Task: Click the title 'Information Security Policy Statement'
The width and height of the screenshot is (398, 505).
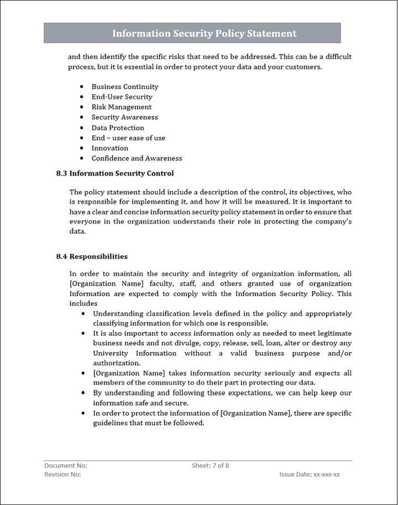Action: (x=204, y=34)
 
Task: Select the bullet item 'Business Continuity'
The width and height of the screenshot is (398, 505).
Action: (x=125, y=87)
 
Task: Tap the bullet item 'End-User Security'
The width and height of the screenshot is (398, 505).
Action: (x=122, y=97)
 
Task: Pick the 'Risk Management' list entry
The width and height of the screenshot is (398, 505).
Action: (x=122, y=107)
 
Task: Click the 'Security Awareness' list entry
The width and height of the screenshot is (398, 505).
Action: (x=124, y=117)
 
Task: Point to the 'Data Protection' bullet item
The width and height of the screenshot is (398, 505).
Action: (x=118, y=128)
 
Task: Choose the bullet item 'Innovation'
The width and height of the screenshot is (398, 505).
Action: (x=110, y=148)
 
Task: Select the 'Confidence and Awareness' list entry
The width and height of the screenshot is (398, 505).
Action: (x=137, y=158)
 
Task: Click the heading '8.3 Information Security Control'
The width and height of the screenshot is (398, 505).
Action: (x=115, y=173)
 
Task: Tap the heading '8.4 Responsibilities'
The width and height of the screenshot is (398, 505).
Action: (x=92, y=256)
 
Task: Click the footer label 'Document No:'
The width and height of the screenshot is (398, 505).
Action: (x=66, y=466)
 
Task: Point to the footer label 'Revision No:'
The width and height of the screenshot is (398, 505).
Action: (x=62, y=475)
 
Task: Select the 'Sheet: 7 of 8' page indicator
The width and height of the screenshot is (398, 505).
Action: (x=211, y=466)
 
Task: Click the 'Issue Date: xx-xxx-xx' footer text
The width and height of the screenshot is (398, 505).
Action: (x=310, y=475)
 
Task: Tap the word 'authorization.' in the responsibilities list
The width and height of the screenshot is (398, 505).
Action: (x=117, y=363)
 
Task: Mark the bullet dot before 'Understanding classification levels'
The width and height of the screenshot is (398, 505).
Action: (x=83, y=313)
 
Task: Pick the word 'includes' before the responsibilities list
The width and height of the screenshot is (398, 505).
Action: (x=83, y=303)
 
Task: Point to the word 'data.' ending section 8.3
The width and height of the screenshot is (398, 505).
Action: (x=78, y=232)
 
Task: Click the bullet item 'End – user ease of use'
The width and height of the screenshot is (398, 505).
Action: (x=128, y=138)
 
